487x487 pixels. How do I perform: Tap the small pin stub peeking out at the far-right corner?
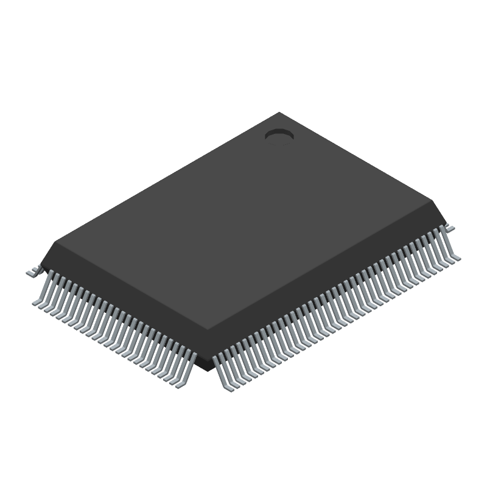[x=450, y=227]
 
